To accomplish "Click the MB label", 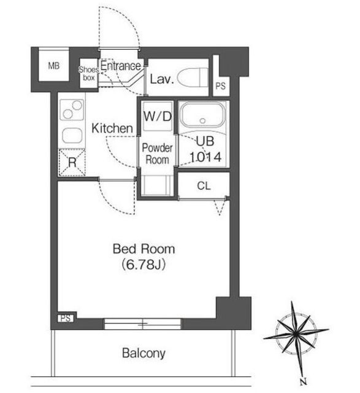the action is click(54, 66).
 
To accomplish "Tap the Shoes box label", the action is click(89, 74).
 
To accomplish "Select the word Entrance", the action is click(121, 66).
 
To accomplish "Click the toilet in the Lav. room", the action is click(193, 78).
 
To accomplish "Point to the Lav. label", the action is click(162, 79).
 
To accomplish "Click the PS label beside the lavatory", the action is click(221, 86).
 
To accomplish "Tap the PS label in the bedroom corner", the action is click(66, 318).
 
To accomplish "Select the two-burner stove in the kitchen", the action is click(72, 110).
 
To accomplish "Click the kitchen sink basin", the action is click(72, 136).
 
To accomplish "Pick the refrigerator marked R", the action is click(72, 162).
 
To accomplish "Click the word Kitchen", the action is click(112, 128).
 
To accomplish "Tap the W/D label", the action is click(158, 116).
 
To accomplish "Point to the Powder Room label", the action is click(157, 154).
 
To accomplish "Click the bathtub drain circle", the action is click(202, 121).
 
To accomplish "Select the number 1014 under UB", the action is click(205, 157).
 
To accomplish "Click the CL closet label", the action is click(204, 186).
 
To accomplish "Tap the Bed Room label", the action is click(144, 249).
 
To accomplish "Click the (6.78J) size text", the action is click(144, 265).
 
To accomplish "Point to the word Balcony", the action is click(144, 353).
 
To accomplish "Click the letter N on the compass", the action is click(304, 382).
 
